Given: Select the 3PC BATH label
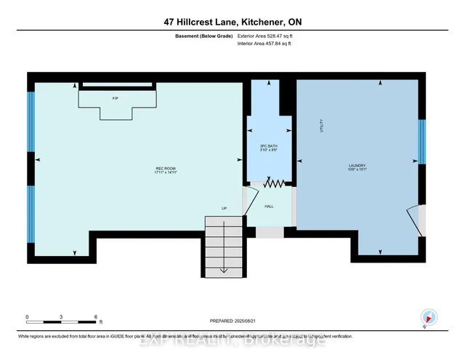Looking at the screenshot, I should click(270, 148).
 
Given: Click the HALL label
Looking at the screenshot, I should click(269, 207).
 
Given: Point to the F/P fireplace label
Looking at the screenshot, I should click(115, 97).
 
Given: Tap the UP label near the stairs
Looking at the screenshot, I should click(225, 209).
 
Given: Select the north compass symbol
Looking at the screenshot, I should click(429, 317).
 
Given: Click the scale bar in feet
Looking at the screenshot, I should click(62, 319).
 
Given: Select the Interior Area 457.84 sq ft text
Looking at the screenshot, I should click(268, 44).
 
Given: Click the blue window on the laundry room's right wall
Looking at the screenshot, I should click(421, 143).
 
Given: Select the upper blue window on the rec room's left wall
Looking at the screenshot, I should click(31, 120).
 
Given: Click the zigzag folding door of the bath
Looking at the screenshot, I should click(272, 184).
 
